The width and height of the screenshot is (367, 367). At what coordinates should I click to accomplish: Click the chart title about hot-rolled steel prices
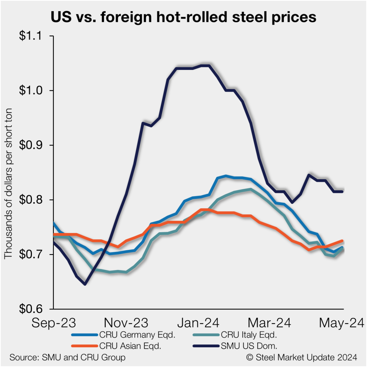coord(183,17)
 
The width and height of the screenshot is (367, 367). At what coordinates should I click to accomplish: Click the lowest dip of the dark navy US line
coord(85,284)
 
